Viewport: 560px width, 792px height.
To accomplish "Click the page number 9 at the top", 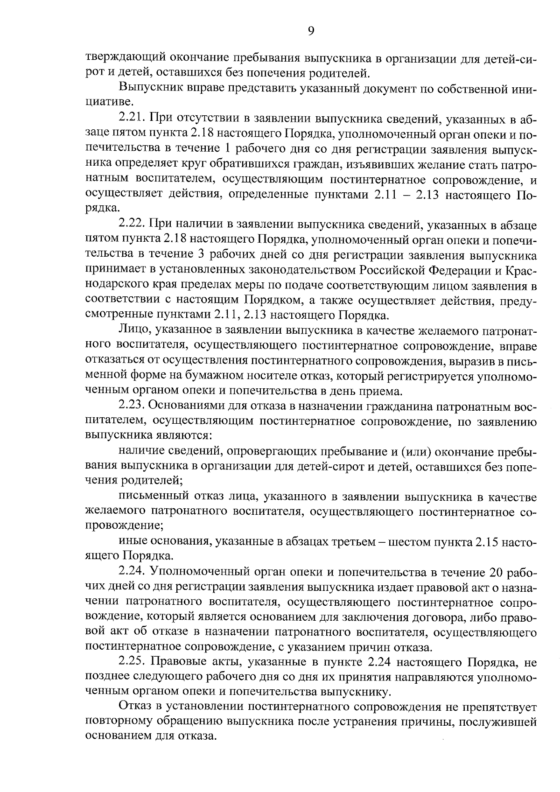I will click(x=311, y=31).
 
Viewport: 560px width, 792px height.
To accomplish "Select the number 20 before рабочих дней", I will click(x=496, y=572).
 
